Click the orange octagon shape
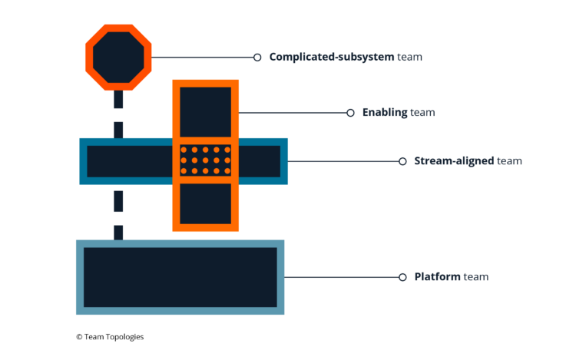click(118, 58)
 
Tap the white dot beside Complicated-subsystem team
click(257, 57)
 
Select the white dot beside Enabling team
click(350, 113)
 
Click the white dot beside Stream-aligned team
click(402, 161)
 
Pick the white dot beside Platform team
click(402, 277)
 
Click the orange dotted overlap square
click(205, 160)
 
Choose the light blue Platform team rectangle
click(180, 277)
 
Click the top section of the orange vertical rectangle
click(205, 111)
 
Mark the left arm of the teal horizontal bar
click(128, 161)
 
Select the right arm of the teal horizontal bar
click(260, 161)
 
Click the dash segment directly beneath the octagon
click(118, 100)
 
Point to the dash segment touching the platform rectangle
click(118, 232)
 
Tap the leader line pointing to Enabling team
click(292, 113)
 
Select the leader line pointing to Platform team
click(342, 277)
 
